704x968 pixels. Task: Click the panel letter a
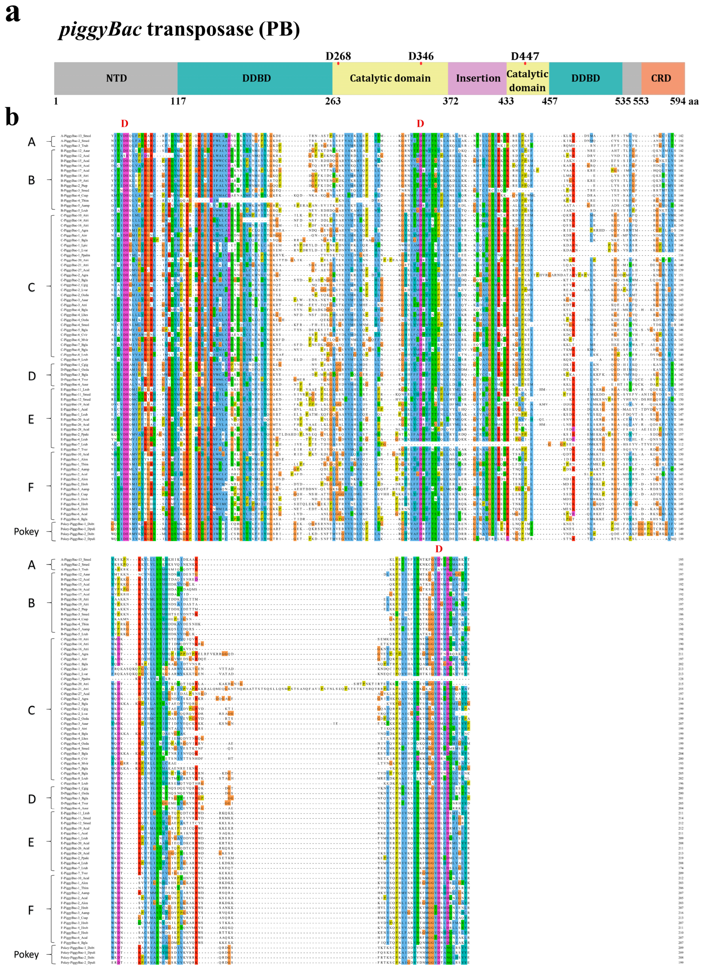tap(12, 13)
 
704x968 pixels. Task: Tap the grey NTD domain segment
tap(116, 78)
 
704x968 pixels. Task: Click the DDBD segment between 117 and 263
tap(256, 78)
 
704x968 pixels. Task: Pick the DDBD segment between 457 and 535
tap(585, 78)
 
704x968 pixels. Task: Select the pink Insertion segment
tap(478, 78)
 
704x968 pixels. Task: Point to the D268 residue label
tap(338, 56)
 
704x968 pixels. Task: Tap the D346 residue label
tap(421, 56)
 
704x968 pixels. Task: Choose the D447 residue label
tap(525, 56)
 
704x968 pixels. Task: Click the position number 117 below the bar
tap(178, 101)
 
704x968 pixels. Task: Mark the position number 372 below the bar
tap(450, 101)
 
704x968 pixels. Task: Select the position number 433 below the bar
tap(506, 101)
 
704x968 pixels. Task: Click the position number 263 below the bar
tap(333, 101)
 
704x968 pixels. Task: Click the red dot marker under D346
tap(421, 64)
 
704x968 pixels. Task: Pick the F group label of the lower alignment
tap(31, 910)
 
